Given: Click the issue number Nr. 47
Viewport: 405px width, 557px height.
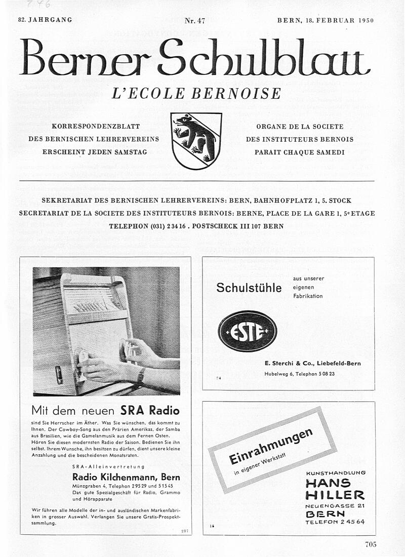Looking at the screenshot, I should pos(194,21).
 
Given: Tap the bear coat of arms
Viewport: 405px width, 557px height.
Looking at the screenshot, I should pos(196,140).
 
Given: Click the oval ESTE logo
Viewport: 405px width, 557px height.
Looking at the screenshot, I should pos(247,331).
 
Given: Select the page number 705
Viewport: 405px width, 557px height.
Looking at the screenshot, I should pos(371,544).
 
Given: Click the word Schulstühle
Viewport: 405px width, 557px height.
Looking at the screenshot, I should pos(249,288).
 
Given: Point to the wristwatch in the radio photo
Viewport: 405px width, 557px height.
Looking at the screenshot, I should pos(141,375).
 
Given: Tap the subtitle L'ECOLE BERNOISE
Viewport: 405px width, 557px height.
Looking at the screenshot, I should pos(196,94).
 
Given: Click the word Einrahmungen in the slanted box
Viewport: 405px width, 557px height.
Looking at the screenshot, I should pos(270,445).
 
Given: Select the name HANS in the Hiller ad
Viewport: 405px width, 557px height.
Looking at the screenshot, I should pos(328,484).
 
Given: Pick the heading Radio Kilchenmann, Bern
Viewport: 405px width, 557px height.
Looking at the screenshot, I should pos(126,477).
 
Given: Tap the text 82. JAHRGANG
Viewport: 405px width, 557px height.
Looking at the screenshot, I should pos(45,20).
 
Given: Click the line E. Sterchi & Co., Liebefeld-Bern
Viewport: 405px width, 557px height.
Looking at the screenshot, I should pos(312,364).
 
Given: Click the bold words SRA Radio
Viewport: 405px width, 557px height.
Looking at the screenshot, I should pos(150,410).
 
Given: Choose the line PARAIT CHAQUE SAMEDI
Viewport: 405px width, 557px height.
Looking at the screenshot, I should pos(299,152).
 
